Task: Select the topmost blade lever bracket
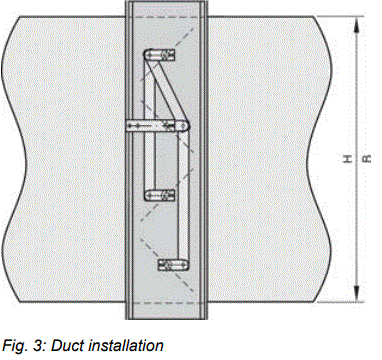[x=159, y=55]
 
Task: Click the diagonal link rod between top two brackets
[x=161, y=90]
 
